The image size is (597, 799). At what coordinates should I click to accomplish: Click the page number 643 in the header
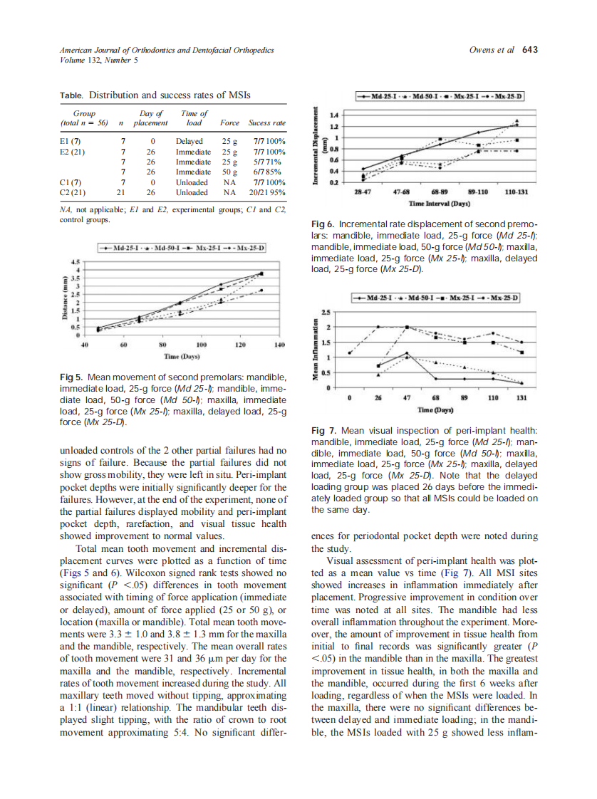pos(529,50)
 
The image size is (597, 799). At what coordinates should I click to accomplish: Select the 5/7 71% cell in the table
pos(269,162)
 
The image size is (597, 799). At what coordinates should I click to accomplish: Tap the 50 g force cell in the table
pos(230,172)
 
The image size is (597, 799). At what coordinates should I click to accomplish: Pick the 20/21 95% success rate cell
pos(268,192)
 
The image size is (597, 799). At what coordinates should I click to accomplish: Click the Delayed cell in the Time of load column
pos(190,141)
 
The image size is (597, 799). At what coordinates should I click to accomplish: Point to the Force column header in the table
pos(229,122)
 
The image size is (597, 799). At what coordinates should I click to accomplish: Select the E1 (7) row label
pos(70,141)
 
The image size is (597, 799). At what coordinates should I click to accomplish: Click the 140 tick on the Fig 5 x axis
pos(279,344)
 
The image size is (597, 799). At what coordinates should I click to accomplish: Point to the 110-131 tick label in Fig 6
pos(516,193)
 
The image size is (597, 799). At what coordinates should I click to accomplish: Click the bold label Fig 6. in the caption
pos(324,224)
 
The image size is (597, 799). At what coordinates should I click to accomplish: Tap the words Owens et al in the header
pos(494,50)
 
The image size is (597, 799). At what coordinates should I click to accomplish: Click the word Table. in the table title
pos(71,94)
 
